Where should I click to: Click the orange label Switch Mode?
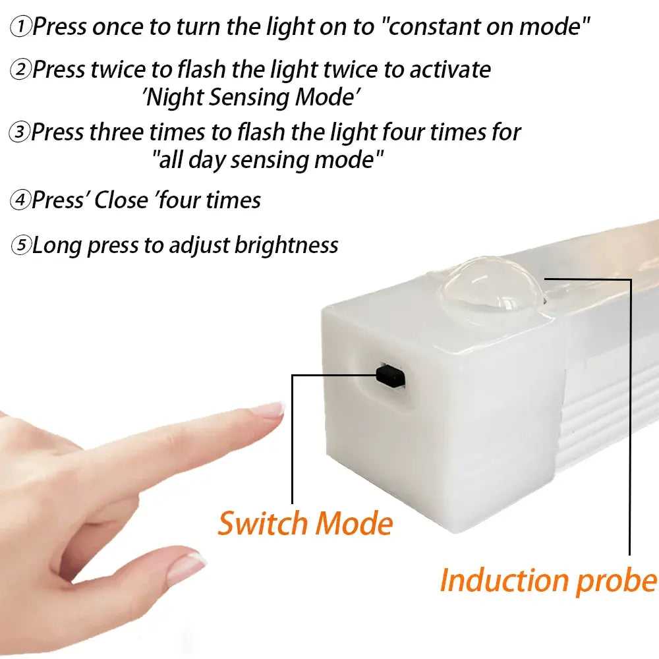[305, 524]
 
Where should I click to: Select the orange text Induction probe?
[548, 580]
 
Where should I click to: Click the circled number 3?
[20, 132]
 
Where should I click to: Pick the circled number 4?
[21, 200]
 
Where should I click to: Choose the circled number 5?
[21, 246]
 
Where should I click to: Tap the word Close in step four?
[121, 200]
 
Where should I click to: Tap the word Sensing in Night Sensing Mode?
[250, 98]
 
